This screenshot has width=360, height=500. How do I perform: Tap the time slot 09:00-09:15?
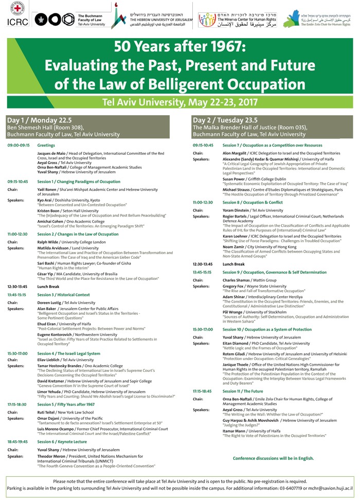coord(19,146)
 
